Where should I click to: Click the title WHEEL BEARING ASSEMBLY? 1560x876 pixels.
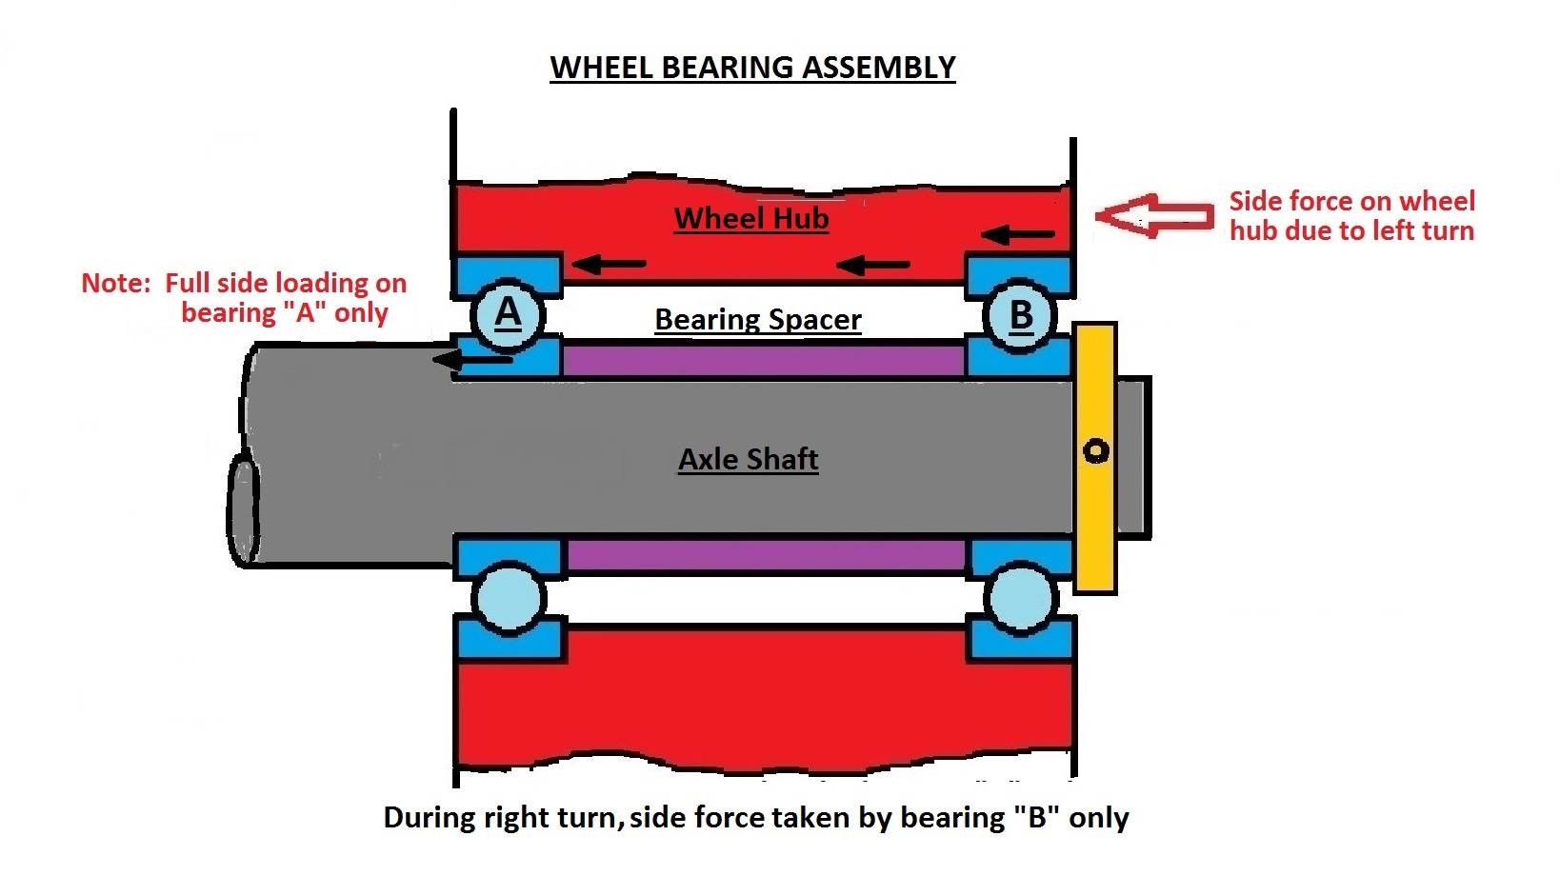(x=752, y=68)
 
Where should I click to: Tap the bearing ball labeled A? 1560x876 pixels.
(x=509, y=313)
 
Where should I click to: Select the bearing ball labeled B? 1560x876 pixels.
(x=1020, y=315)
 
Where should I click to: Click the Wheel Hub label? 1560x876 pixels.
(x=750, y=218)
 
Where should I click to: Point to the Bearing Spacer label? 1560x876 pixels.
(x=757, y=319)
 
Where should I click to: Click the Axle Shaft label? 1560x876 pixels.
(x=748, y=459)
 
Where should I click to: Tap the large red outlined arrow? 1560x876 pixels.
(x=1154, y=215)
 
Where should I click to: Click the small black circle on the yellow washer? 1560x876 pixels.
(x=1096, y=450)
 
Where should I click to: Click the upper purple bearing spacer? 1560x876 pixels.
(x=762, y=360)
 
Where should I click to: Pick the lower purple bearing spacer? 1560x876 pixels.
(x=767, y=554)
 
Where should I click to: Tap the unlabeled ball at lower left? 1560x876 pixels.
(x=510, y=598)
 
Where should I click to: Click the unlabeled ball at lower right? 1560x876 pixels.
(x=1020, y=599)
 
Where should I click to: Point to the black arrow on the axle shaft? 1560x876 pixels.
(x=472, y=359)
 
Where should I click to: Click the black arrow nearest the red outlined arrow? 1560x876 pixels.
(x=1018, y=233)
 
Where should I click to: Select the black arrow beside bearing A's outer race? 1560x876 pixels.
(x=610, y=264)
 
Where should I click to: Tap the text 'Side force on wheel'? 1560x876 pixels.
(x=1351, y=201)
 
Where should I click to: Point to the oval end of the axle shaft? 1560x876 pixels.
(x=244, y=510)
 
